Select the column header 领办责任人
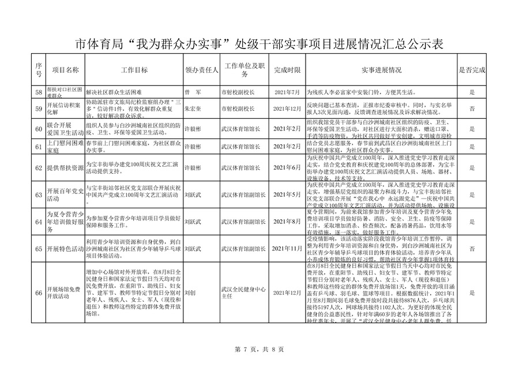click(201, 70)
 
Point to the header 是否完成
click(472, 70)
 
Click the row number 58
click(39, 92)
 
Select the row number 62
click(39, 167)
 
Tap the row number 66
click(39, 294)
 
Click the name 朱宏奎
click(193, 108)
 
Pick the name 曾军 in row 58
click(191, 92)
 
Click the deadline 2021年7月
click(288, 92)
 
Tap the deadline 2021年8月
click(288, 222)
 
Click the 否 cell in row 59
click(472, 108)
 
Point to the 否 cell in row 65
click(472, 248)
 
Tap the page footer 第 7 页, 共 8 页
click(259, 349)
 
